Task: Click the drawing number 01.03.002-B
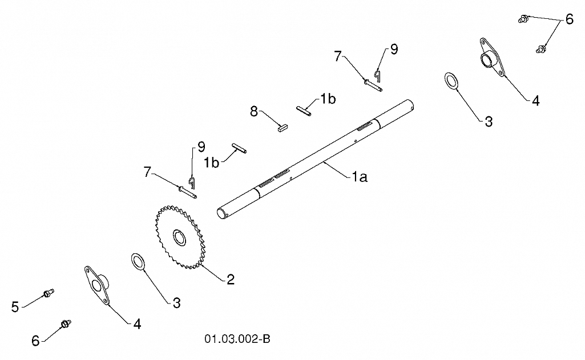(237, 339)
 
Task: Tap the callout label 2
(231, 280)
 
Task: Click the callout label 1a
(360, 177)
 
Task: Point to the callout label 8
(254, 111)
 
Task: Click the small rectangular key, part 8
(283, 128)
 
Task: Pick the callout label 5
(15, 307)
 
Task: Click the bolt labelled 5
(49, 293)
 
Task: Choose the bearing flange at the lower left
(97, 285)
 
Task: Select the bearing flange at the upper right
(492, 57)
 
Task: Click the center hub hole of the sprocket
(179, 238)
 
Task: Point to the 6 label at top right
(570, 19)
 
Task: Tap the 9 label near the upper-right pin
(394, 49)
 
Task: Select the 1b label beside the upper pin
(328, 99)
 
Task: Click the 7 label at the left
(147, 172)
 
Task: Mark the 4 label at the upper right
(536, 101)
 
